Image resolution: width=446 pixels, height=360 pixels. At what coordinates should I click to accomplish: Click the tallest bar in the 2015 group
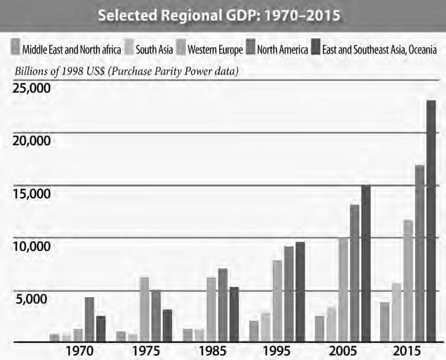click(x=431, y=221)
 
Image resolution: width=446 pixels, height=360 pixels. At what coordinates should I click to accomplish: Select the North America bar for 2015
click(x=420, y=254)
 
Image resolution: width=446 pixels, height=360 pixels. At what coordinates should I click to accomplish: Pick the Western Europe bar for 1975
click(x=145, y=309)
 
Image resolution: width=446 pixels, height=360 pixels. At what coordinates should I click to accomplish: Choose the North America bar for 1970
click(x=89, y=319)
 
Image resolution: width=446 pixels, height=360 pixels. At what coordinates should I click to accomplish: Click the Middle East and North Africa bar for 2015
click(x=385, y=322)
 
